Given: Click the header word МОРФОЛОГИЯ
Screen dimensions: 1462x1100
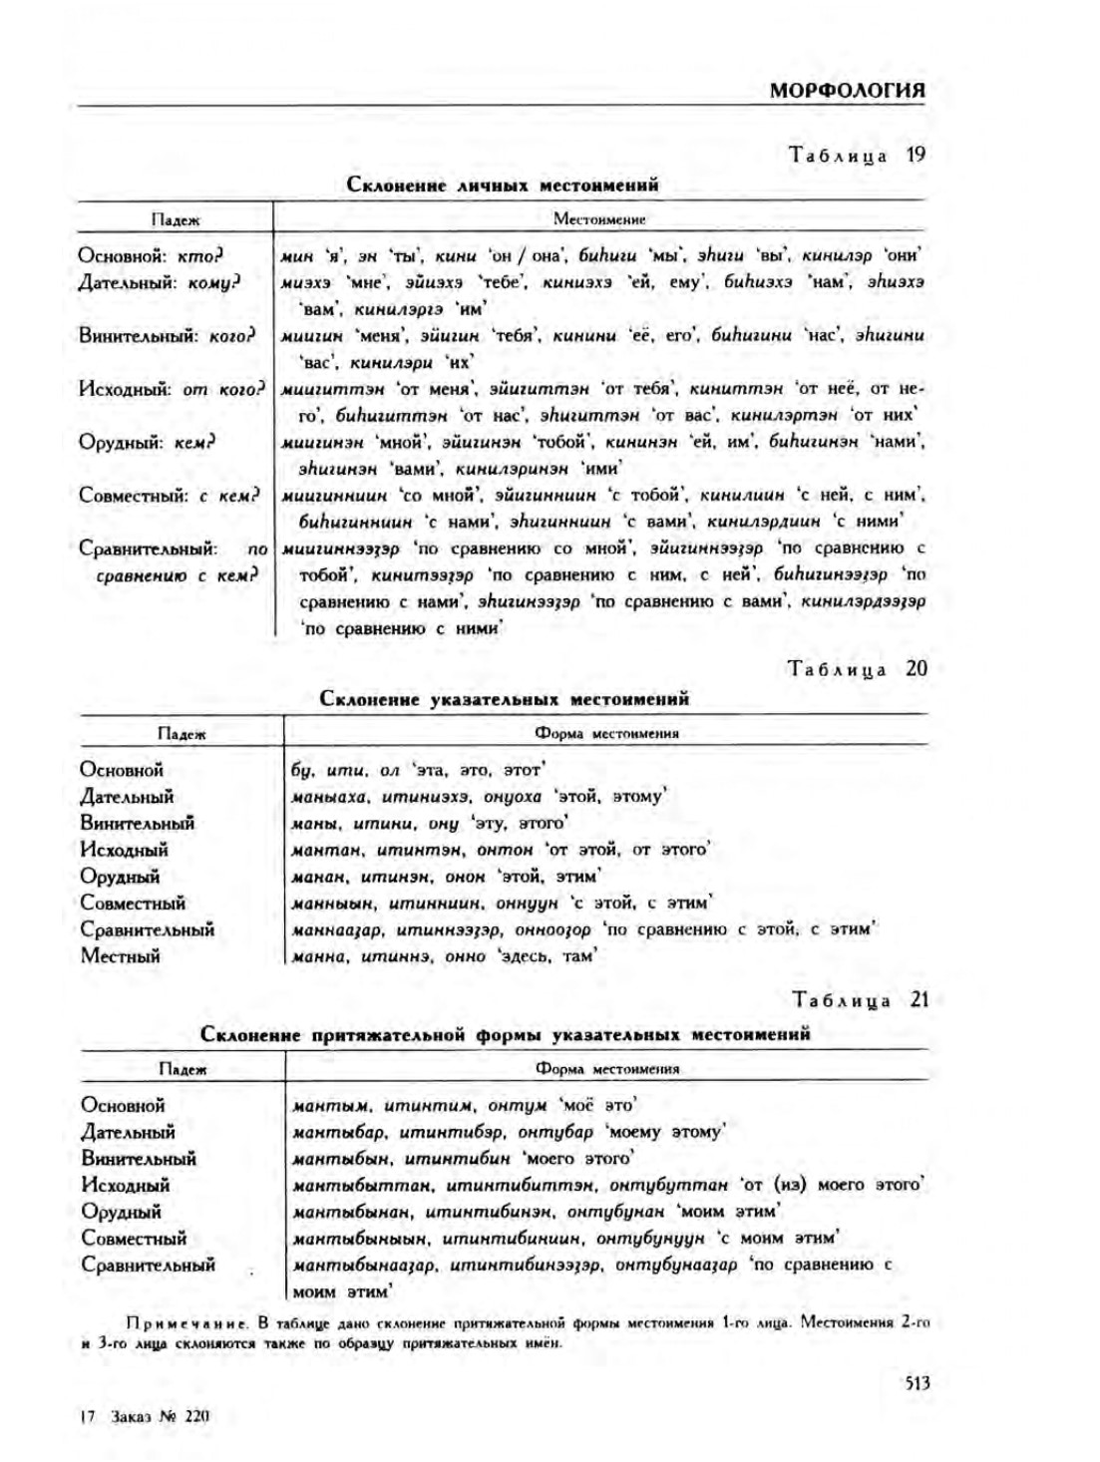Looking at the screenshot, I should tap(847, 90).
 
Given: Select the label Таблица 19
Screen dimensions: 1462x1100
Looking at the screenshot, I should tap(857, 155).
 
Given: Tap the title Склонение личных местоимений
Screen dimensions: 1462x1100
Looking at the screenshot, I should tap(502, 184).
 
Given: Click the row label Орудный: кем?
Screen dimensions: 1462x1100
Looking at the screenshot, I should tap(147, 442).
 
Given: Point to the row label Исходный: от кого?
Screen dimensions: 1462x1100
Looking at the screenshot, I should tap(172, 389).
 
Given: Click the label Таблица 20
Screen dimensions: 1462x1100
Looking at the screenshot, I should tap(857, 669).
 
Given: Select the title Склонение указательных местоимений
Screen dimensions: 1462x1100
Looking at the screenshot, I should tap(504, 699).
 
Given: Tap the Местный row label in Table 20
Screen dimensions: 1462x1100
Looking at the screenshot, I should tap(120, 956).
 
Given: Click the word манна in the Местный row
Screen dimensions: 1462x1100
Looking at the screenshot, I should tap(319, 956).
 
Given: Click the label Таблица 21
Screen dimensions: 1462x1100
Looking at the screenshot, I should tap(860, 999).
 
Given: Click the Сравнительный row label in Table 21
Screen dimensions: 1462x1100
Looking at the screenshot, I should tap(148, 1266).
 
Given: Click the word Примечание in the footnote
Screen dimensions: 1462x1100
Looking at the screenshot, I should tap(186, 1323).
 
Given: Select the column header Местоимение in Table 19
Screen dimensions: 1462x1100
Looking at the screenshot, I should tap(599, 219).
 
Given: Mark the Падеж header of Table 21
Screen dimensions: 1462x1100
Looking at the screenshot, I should tap(183, 1069).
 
